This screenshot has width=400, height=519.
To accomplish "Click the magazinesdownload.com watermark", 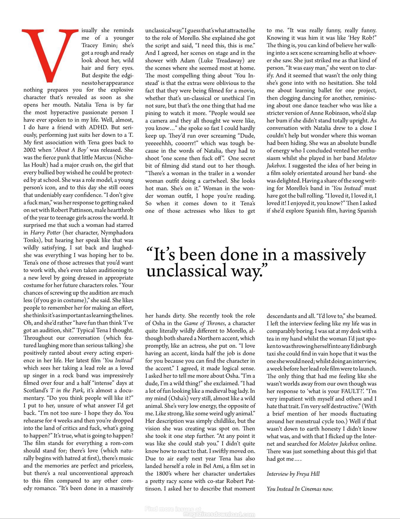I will (x=219, y=515).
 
